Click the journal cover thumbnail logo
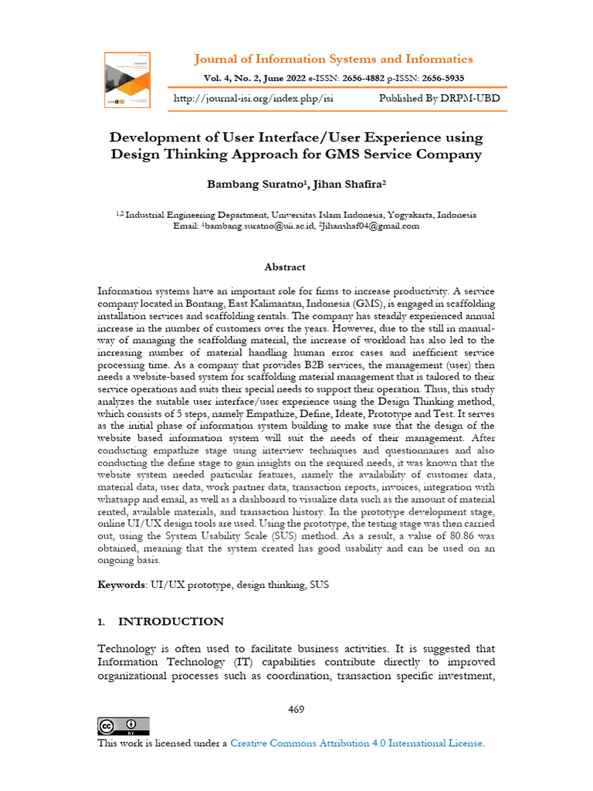click(x=127, y=80)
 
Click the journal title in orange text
click(x=333, y=59)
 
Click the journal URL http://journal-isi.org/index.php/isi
click(x=254, y=99)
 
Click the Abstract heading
click(x=285, y=267)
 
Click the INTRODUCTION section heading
click(x=171, y=622)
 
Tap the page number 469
click(x=296, y=709)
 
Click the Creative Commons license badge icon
click(x=124, y=726)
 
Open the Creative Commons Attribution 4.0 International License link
click(x=357, y=743)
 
